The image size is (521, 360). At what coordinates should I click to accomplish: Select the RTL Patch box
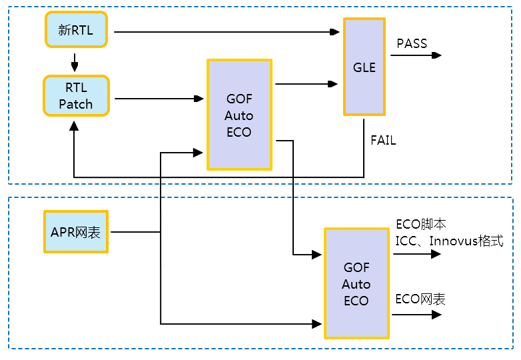point(76,96)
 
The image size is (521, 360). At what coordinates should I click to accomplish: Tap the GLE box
point(364,67)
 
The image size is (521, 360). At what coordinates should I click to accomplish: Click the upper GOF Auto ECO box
point(239,115)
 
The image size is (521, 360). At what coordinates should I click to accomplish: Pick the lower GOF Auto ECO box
point(356,283)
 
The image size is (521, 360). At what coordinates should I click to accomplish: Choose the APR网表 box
point(76,232)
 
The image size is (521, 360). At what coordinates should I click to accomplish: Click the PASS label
point(412,44)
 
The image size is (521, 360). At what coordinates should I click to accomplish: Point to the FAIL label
point(383,141)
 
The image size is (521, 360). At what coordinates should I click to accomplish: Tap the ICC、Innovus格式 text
point(449,240)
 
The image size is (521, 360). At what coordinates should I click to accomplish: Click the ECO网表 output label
point(420,299)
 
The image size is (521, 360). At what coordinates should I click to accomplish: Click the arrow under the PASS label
point(416,55)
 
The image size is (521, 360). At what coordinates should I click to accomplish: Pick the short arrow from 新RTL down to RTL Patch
point(75,63)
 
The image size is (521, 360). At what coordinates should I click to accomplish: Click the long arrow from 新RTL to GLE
point(227,31)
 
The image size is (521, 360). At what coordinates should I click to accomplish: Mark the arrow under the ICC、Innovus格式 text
point(415,254)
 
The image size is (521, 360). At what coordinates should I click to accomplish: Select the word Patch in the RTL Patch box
point(76,105)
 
